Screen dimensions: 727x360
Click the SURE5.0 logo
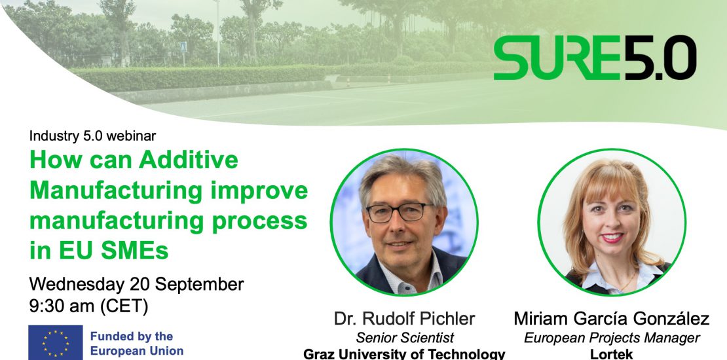tap(595, 58)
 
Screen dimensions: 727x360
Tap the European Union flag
tap(56, 343)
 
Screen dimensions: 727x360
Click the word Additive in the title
tap(188, 160)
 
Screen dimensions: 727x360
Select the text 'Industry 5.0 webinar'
tap(93, 135)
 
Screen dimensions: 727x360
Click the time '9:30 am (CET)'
tap(88, 306)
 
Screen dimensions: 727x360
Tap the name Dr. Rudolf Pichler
tap(404, 319)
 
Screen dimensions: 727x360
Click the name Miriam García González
tap(612, 319)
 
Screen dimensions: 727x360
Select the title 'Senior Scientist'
tap(405, 338)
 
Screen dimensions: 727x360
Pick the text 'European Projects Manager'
tap(612, 338)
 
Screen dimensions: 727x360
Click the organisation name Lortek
tap(612, 355)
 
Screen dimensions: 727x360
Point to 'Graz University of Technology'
tap(404, 355)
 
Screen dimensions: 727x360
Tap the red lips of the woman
tap(612, 238)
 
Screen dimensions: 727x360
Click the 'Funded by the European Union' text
tap(137, 344)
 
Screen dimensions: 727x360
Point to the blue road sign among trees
tap(183, 46)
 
